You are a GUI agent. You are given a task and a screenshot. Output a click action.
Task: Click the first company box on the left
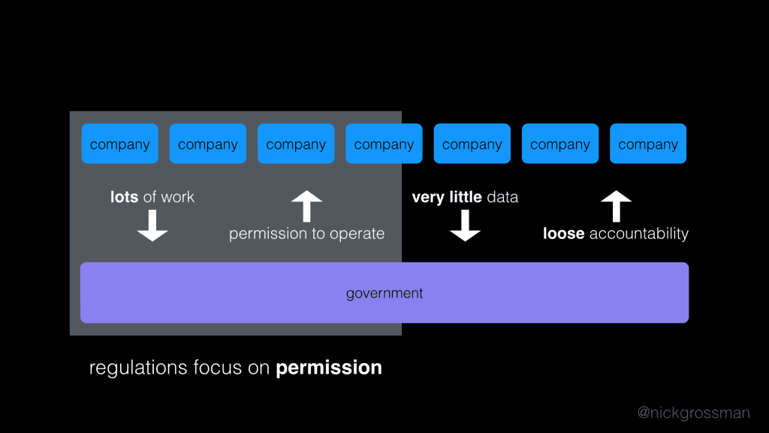(119, 144)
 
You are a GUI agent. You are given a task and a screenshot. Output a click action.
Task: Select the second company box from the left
(208, 144)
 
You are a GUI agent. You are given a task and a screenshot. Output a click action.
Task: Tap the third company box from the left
(296, 144)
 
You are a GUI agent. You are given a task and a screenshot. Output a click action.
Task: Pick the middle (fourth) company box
(384, 144)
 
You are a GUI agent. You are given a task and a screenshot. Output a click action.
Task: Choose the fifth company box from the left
(472, 144)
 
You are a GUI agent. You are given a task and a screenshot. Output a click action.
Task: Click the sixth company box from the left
(560, 144)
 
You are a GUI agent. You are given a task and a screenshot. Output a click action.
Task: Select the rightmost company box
(648, 144)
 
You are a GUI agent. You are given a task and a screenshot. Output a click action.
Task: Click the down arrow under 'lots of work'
(152, 226)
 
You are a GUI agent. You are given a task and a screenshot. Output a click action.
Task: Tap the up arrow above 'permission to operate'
(306, 206)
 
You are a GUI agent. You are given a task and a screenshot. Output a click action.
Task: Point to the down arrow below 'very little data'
(465, 226)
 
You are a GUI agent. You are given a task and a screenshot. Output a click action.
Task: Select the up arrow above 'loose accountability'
(617, 206)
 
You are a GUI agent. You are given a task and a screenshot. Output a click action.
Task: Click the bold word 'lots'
(124, 197)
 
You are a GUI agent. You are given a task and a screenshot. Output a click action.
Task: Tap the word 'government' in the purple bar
(384, 293)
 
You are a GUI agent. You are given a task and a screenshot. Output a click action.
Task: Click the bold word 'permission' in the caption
(329, 368)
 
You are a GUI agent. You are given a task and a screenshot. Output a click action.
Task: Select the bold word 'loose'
(563, 234)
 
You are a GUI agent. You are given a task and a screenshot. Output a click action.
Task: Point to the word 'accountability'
(639, 234)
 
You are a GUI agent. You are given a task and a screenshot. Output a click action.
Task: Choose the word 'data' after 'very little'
(502, 197)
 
